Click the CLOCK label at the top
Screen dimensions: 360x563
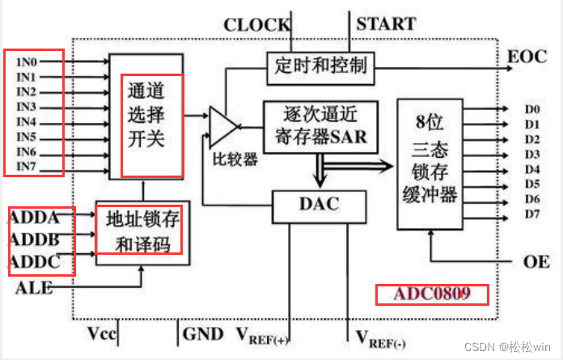point(256,24)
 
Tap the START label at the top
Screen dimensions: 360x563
point(387,23)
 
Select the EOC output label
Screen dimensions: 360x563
point(527,57)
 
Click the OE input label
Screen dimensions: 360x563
point(536,261)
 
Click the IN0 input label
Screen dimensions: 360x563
point(27,61)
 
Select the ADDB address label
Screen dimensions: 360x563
point(35,240)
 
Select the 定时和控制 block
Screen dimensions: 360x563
point(321,65)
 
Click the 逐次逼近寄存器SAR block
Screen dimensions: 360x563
point(320,124)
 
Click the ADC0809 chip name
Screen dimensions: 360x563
point(431,293)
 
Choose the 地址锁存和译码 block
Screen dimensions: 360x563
point(143,231)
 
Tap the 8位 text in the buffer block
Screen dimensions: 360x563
point(430,124)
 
